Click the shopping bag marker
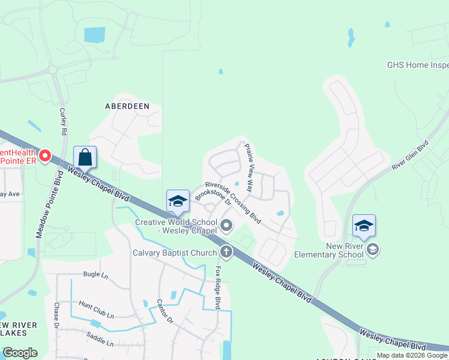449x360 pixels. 85,158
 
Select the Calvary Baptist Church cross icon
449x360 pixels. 226,251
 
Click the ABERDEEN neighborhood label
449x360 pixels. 127,106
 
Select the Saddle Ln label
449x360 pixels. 100,339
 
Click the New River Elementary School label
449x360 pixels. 329,250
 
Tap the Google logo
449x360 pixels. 20,353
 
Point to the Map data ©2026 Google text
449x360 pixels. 412,355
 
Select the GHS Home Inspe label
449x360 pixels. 418,65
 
